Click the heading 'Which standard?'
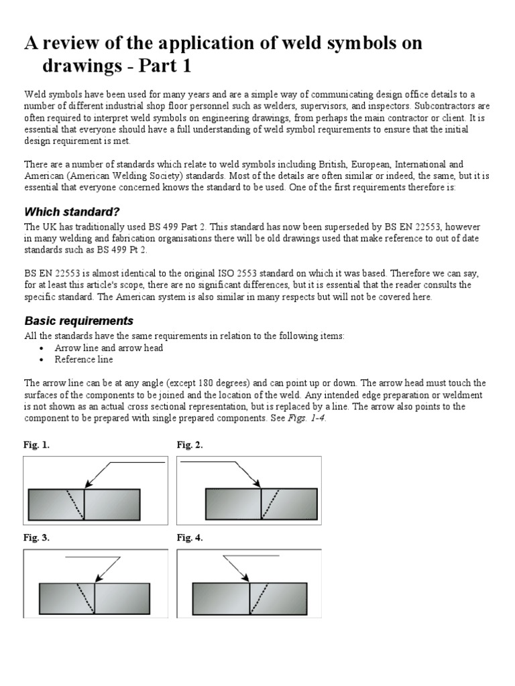72,212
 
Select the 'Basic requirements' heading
78,320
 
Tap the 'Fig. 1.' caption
36,445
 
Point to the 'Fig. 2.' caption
190,445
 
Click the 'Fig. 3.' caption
36,538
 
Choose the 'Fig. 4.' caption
190,538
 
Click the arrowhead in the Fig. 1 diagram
87,486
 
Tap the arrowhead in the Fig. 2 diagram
257,484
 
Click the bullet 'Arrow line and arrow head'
109,348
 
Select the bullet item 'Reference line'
84,359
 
